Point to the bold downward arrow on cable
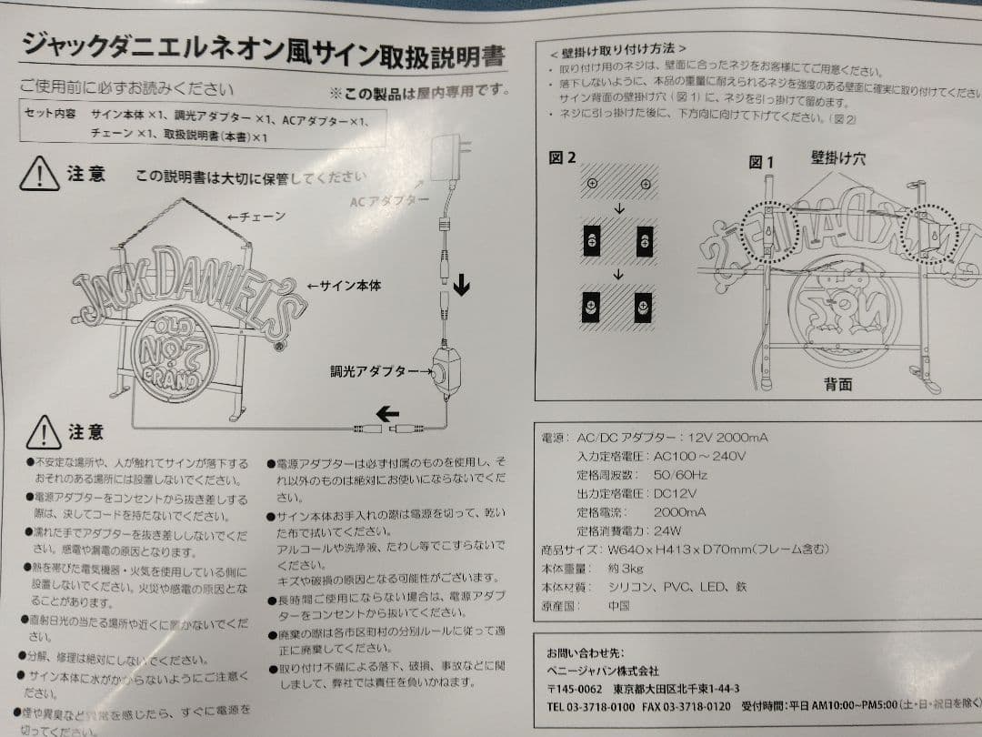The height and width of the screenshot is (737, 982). point(462,288)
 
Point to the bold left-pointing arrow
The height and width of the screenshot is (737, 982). point(387,414)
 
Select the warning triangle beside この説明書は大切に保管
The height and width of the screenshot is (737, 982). point(39,173)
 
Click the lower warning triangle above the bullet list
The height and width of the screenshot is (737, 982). point(44,431)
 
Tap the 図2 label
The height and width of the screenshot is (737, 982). point(562,157)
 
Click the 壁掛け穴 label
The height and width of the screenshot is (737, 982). point(837,158)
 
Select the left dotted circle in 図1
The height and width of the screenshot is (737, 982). point(769,231)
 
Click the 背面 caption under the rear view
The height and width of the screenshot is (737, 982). point(837,383)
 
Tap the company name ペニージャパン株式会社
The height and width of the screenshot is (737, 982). point(602,671)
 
